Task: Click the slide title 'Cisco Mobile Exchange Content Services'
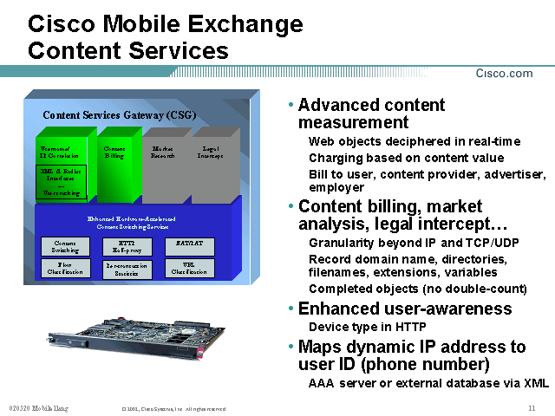(166, 37)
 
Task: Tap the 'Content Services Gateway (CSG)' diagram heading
(120, 114)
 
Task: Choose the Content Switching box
(65, 246)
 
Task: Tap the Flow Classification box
(65, 269)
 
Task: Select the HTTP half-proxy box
(127, 246)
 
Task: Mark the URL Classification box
(189, 269)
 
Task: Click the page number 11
(531, 407)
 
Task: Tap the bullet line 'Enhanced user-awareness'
(405, 309)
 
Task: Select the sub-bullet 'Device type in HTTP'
(368, 327)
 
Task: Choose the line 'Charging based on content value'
(406, 158)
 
